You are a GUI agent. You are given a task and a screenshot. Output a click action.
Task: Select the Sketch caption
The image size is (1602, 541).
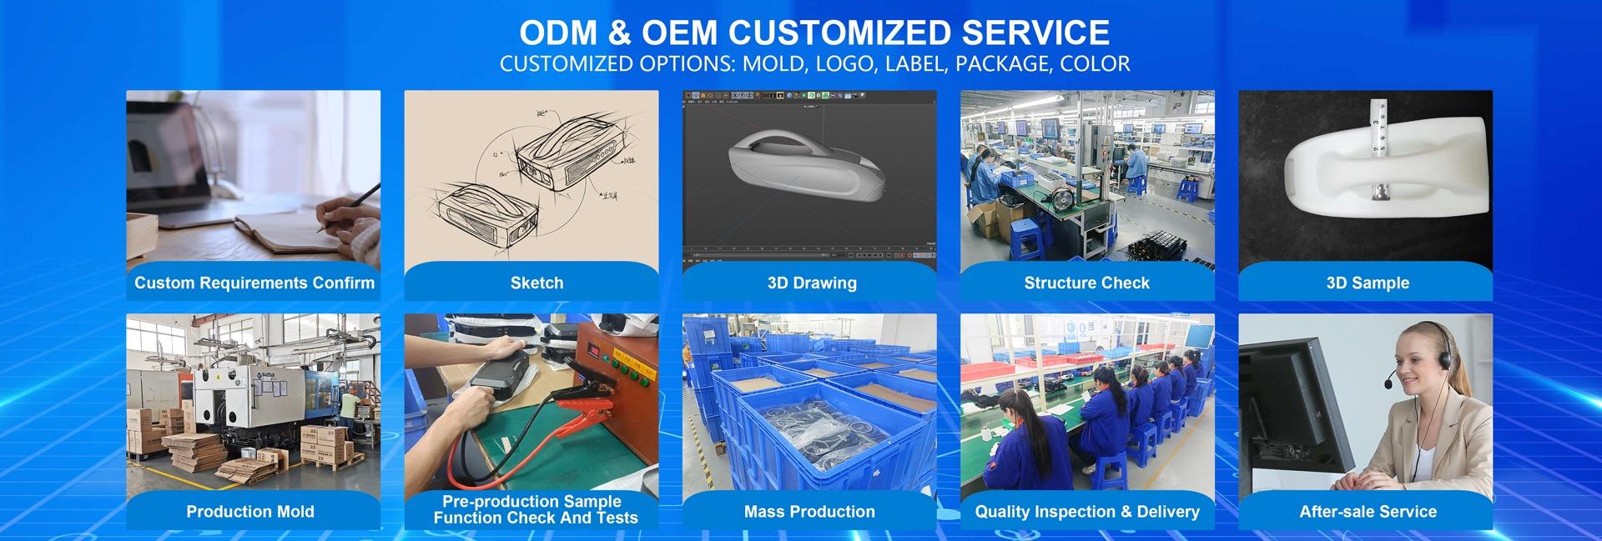point(537,283)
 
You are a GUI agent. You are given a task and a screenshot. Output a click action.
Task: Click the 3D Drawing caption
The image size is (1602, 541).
point(812,283)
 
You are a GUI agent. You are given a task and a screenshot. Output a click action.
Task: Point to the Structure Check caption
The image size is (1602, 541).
point(1086,283)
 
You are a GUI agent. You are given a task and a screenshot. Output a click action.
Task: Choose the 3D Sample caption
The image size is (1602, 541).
point(1368,283)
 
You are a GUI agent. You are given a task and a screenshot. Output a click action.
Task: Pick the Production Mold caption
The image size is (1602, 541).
point(250,512)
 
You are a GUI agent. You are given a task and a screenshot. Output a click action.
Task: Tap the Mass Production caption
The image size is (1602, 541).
point(809,512)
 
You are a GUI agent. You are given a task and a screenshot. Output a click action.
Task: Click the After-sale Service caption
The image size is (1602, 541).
point(1368,512)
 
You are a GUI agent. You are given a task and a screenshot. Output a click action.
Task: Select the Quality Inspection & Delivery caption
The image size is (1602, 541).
point(1087,512)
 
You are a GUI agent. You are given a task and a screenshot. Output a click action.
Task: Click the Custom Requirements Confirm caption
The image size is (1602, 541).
point(254,283)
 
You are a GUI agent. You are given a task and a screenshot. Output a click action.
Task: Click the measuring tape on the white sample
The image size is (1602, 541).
point(1378,146)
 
